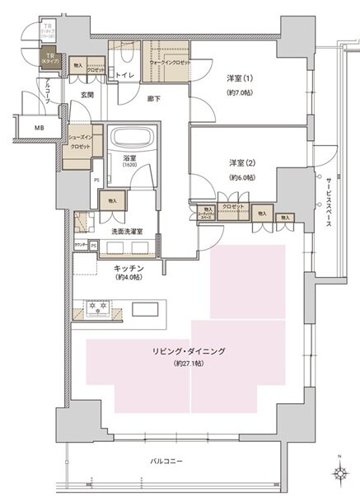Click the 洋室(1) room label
(x=240, y=78)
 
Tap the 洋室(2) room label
(x=241, y=163)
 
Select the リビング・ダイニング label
(x=189, y=351)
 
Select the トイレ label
(x=125, y=76)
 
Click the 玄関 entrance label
(x=87, y=96)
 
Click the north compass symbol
(x=339, y=473)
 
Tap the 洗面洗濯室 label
(x=122, y=232)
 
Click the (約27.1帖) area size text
(x=189, y=363)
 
